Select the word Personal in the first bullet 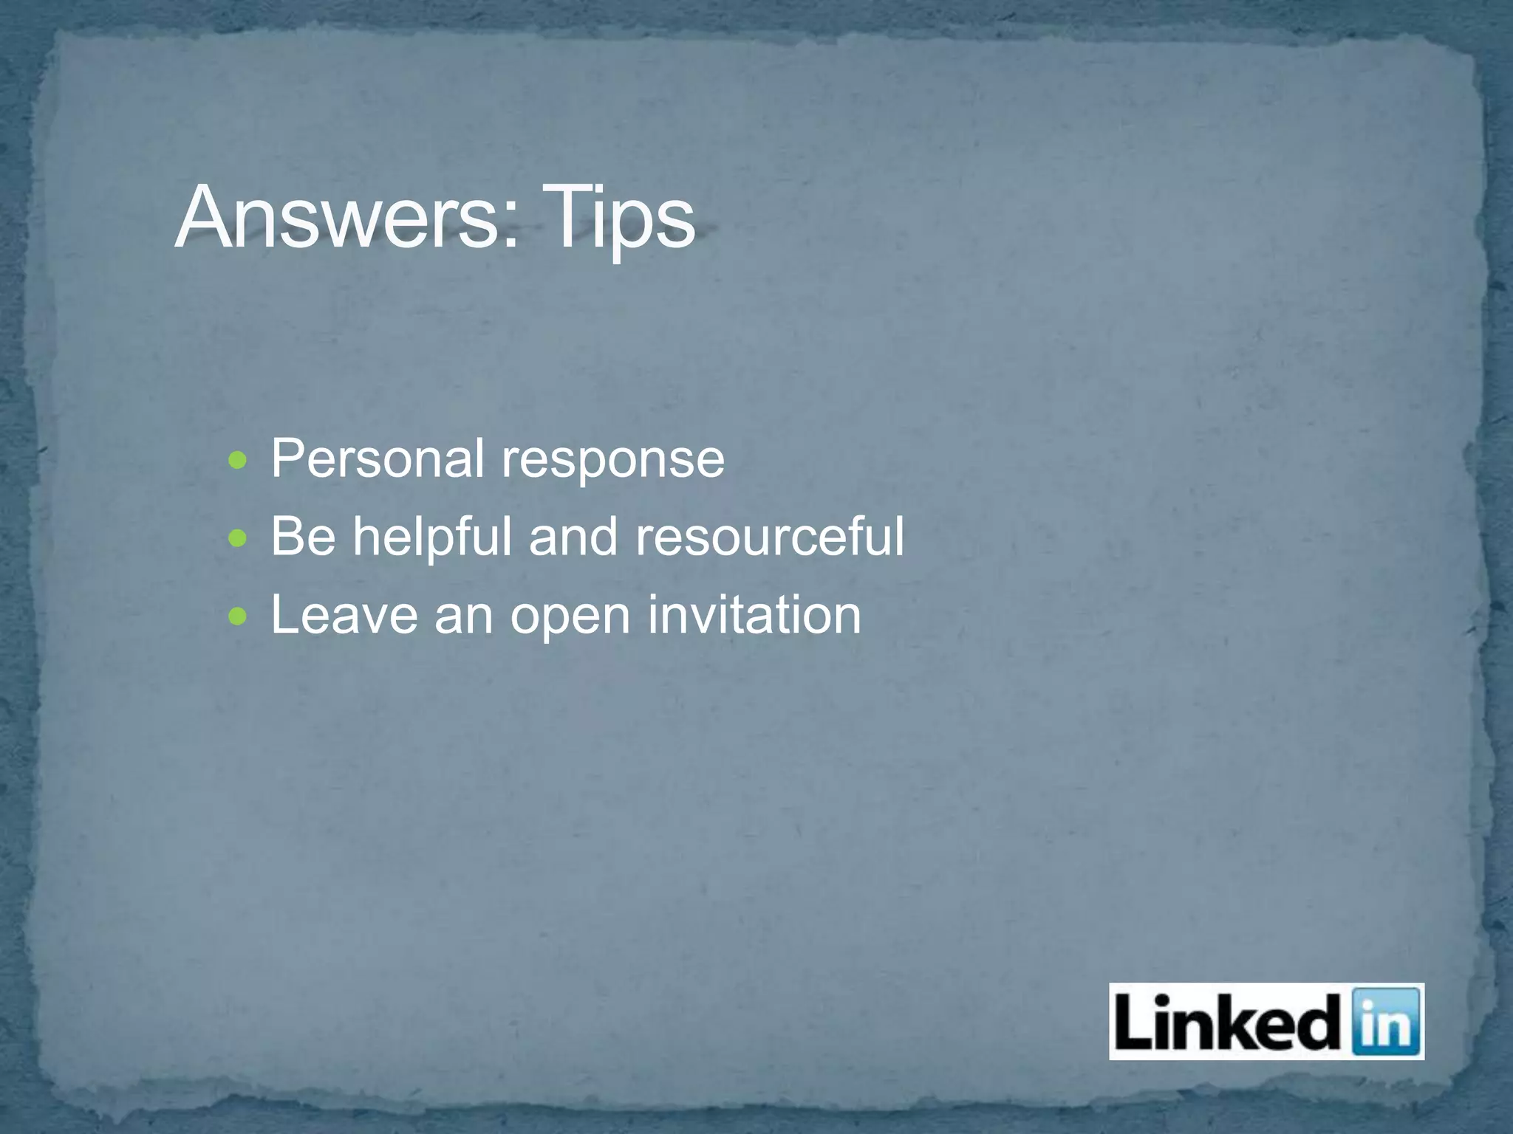click(378, 458)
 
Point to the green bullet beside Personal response click(237, 462)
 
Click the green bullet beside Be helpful click(237, 539)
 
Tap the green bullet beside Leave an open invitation click(237, 616)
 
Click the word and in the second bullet click(573, 536)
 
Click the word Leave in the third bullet click(344, 614)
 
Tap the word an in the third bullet click(464, 616)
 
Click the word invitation click(754, 614)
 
